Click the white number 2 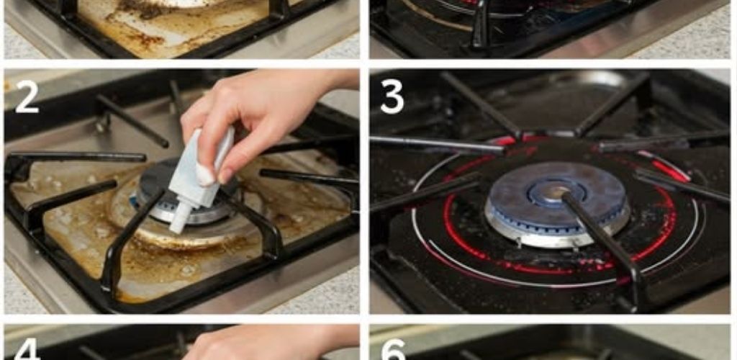tap(27, 96)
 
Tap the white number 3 tap(392, 97)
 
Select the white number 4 tap(27, 351)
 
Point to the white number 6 tap(393, 351)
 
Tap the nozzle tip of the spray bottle tap(175, 228)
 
